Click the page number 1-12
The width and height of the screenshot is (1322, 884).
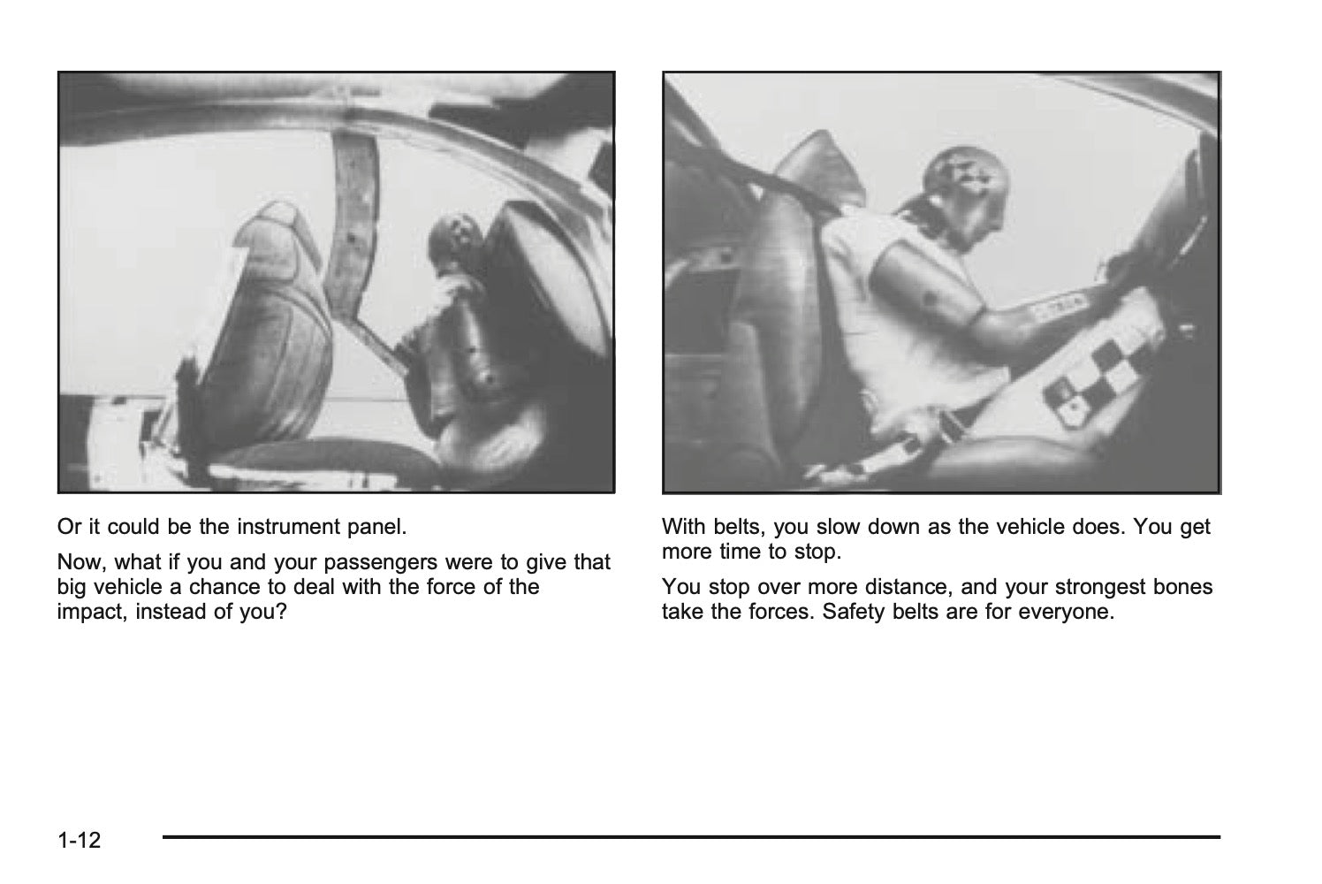click(79, 840)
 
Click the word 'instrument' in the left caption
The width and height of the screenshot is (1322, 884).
click(288, 527)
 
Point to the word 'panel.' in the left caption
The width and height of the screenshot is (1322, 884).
click(377, 527)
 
